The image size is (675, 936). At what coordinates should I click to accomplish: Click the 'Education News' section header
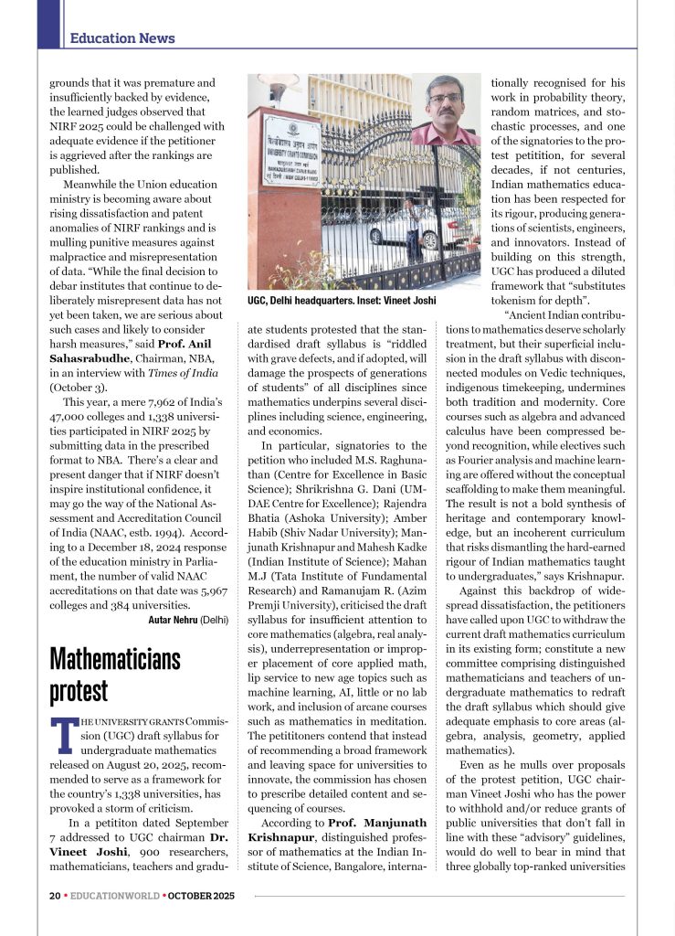coord(122,38)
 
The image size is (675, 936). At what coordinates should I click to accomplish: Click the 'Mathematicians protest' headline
coord(114,675)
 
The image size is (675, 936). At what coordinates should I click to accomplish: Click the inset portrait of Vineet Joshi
coord(445,110)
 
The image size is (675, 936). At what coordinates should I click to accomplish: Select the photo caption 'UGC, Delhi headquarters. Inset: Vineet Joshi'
coord(342,301)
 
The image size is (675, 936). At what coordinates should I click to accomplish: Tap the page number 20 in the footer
coord(55,896)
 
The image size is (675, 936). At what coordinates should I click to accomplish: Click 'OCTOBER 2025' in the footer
coord(201,896)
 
